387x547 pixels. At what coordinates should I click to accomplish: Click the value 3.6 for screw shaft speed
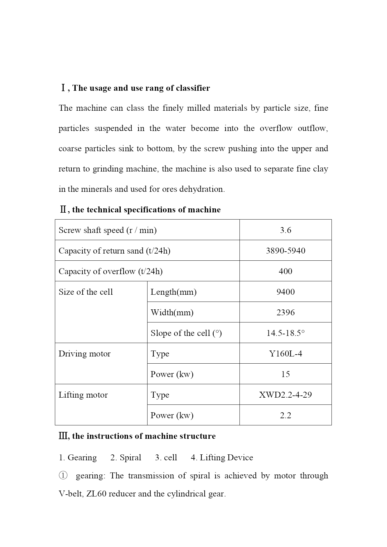285,230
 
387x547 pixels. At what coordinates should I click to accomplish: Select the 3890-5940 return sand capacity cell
285,251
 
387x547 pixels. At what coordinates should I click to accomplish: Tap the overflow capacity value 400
285,271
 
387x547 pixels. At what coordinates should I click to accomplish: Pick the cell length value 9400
285,292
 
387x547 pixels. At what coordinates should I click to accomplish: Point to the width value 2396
285,312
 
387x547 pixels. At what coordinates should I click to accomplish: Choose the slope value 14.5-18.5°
285,333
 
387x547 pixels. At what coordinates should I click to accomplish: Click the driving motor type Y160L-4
285,354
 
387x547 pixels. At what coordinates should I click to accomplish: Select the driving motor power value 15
285,374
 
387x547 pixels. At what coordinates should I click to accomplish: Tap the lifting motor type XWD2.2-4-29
285,395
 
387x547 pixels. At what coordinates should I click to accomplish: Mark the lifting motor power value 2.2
285,415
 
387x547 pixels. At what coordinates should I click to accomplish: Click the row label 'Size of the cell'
86,292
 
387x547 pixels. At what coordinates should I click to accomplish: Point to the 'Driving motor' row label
85,354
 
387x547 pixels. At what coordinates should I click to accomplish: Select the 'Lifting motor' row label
83,395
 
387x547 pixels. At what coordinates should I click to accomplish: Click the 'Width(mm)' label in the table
172,312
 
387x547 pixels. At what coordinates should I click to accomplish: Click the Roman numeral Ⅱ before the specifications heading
63,210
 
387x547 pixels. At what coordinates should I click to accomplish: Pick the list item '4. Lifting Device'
222,457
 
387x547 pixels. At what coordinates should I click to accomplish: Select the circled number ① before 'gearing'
63,476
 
